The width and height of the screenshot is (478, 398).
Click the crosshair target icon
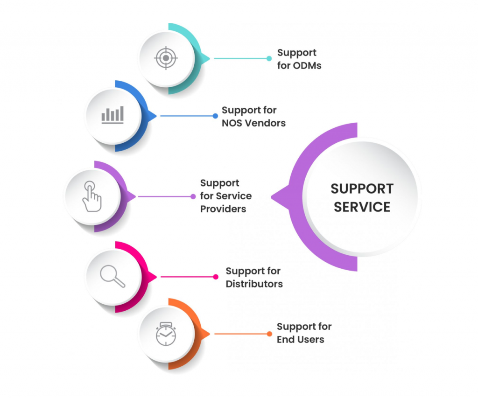[x=166, y=59]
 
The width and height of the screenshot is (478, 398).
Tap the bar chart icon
[x=112, y=115]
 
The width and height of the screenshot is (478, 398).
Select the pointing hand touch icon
[x=92, y=197]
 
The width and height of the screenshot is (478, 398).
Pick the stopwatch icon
[x=166, y=334]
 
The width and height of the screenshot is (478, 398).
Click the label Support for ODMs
[x=299, y=59]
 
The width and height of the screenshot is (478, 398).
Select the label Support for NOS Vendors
[x=253, y=117]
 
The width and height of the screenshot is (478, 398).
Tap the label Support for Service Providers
[x=226, y=196]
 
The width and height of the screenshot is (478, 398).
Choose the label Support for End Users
[x=304, y=333]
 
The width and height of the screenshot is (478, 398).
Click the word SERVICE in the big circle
[x=362, y=207]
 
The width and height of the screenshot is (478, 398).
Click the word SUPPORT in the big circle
[x=362, y=189]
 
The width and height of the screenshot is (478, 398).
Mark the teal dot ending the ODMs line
[x=269, y=59]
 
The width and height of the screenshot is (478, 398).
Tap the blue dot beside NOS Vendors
[x=215, y=116]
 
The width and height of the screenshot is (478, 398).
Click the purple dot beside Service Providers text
[x=193, y=196]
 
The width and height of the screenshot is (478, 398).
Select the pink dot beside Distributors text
[x=215, y=277]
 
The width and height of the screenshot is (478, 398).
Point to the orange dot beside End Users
[x=269, y=334]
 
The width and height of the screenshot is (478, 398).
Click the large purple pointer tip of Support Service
[x=275, y=197]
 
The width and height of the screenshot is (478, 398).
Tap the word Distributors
[x=254, y=284]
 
